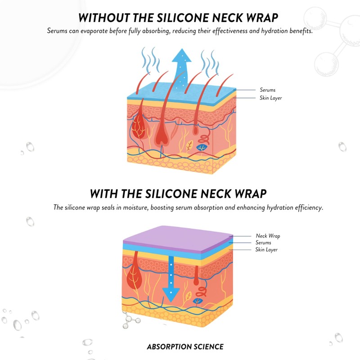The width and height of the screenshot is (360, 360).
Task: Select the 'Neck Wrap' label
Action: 268,236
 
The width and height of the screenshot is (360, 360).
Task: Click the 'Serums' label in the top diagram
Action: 267,90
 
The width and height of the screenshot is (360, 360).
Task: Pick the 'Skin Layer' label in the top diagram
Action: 270,98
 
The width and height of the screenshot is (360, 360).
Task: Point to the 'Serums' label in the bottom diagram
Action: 263,243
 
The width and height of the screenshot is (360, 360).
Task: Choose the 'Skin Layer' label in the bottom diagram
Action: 266,249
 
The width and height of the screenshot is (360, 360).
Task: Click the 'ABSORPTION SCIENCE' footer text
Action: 185,346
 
